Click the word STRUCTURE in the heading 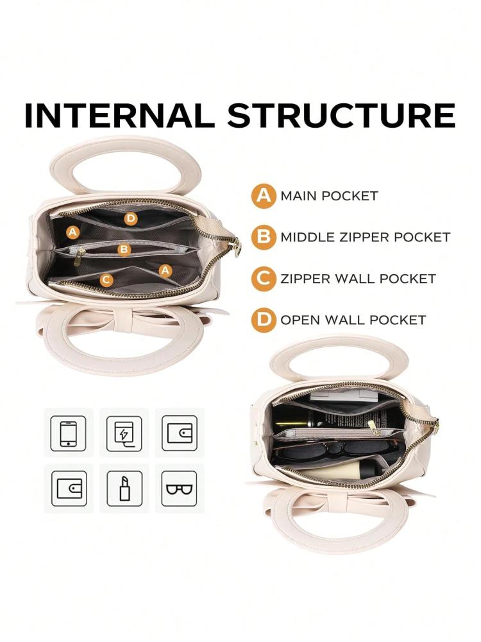tap(342, 115)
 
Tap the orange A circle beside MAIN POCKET tap(264, 196)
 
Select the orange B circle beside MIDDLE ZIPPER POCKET tap(264, 238)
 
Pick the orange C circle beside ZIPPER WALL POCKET tap(264, 279)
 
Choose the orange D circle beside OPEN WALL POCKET tap(264, 320)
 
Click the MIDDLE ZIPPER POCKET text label tap(366, 237)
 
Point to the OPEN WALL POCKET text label tap(353, 320)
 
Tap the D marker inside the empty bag tap(130, 219)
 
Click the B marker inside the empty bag tap(124, 249)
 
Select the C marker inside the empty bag tap(106, 280)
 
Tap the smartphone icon tap(69, 433)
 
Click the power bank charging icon tap(124, 433)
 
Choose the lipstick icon tap(124, 489)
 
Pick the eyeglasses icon tap(180, 489)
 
